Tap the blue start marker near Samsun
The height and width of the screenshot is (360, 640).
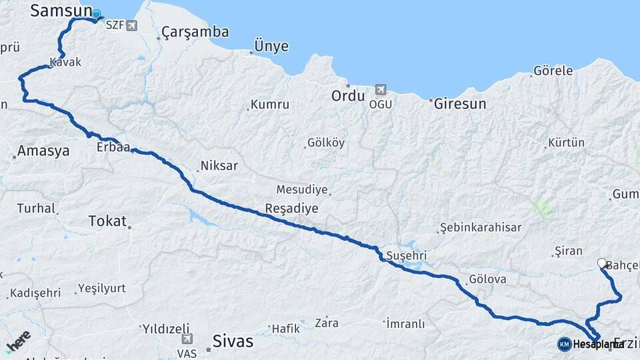(96, 15)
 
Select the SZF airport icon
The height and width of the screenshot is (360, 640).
(131, 26)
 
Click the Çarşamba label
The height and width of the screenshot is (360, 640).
(195, 32)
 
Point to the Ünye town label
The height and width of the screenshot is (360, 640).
(271, 46)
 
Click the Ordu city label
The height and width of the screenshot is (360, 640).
(348, 96)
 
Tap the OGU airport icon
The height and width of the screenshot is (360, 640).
(381, 89)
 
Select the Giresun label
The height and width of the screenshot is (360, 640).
(460, 104)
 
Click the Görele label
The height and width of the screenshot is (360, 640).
(553, 71)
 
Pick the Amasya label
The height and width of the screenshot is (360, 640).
(43, 151)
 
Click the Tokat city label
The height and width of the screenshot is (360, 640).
(107, 221)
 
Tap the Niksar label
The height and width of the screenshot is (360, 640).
(219, 166)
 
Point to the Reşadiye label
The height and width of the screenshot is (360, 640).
(291, 208)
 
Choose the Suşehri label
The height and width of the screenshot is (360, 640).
(406, 256)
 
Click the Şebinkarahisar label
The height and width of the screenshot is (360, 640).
(480, 227)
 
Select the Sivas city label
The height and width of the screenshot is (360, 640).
(233, 341)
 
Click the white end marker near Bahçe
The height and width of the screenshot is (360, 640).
(601, 263)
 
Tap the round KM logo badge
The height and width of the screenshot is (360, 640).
(564, 344)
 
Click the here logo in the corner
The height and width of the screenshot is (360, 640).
(19, 343)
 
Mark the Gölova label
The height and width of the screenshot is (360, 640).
(487, 279)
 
